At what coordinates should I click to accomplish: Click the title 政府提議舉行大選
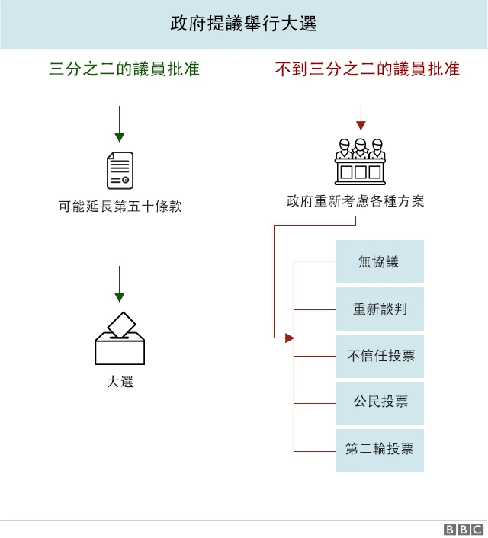click(x=243, y=24)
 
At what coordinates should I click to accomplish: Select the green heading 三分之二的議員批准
click(x=124, y=69)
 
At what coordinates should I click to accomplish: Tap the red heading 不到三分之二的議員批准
click(x=367, y=69)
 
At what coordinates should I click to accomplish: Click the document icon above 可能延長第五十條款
click(x=120, y=170)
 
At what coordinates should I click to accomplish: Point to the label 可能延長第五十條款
click(x=120, y=206)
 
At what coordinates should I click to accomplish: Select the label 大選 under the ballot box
click(x=120, y=381)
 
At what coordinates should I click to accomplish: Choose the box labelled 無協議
click(x=380, y=262)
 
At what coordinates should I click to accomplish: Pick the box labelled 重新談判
click(x=380, y=309)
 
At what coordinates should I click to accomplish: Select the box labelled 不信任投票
click(x=380, y=356)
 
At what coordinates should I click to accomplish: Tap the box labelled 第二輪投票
click(x=380, y=450)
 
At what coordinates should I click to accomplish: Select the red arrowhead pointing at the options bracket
click(x=289, y=338)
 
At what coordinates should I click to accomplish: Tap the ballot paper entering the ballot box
click(x=121, y=325)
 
